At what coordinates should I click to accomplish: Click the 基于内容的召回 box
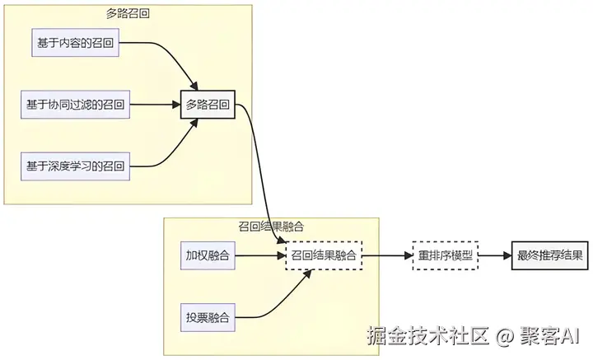coord(75,42)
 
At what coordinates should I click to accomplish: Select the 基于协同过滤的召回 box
coord(75,105)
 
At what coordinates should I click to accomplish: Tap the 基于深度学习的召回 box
coord(75,166)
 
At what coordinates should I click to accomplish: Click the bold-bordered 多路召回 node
coord(208,105)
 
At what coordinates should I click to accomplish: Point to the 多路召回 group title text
coord(128,14)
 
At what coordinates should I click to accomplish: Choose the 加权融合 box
coord(208,255)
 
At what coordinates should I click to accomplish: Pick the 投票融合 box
coord(208,317)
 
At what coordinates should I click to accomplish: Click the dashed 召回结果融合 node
coord(324,255)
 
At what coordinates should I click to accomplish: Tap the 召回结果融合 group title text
coord(271,227)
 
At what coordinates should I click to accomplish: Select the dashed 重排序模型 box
coord(445,255)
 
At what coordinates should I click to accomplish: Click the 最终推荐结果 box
coord(550,255)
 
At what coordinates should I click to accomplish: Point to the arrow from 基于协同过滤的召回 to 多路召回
coord(155,105)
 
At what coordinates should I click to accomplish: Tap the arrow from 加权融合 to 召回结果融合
coord(260,255)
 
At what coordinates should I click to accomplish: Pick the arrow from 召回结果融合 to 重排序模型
coord(388,255)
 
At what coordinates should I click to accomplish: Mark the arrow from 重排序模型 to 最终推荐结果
coord(495,255)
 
